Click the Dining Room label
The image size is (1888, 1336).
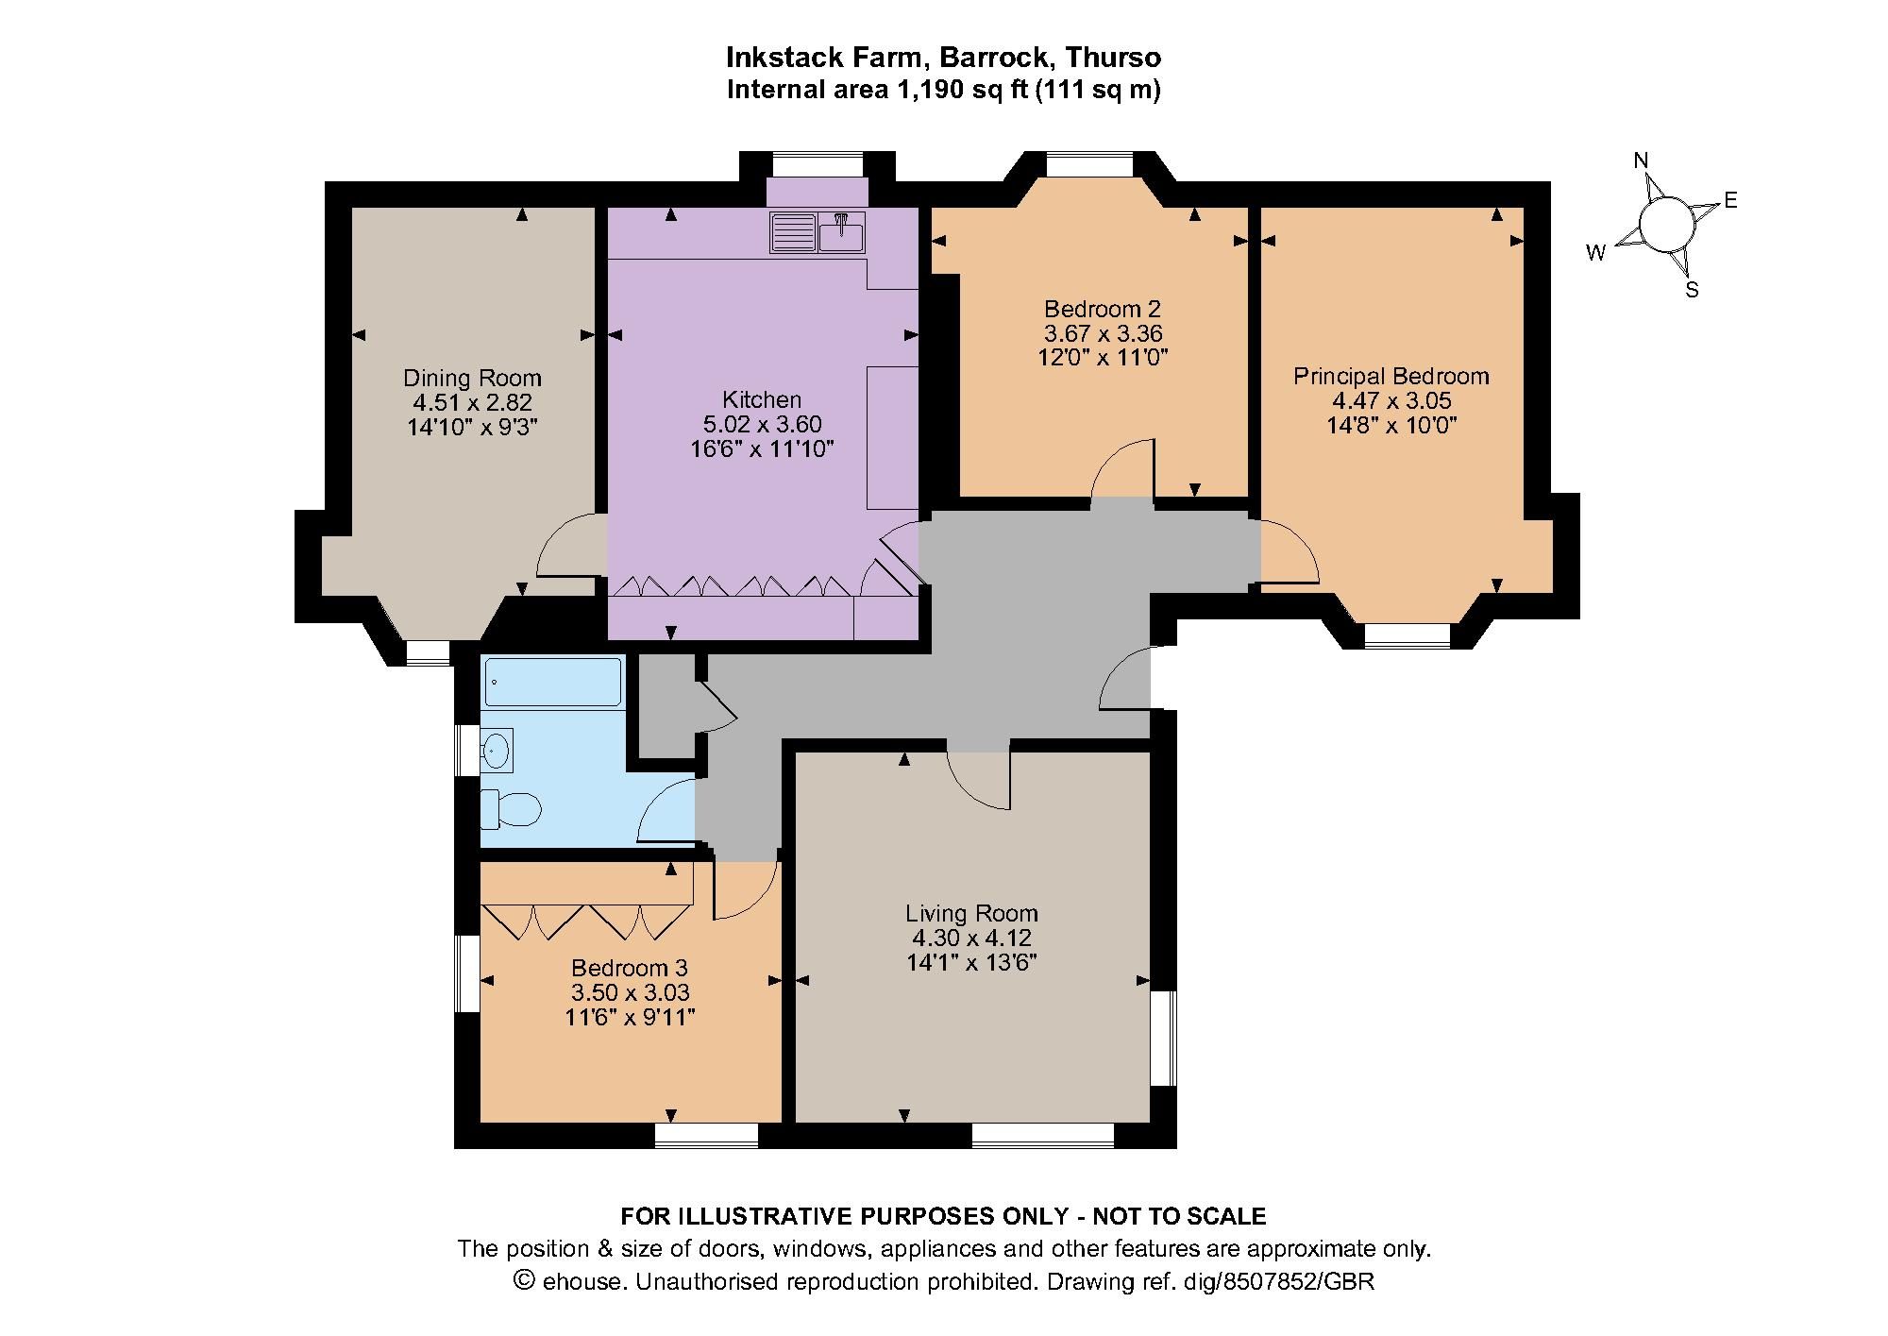[x=472, y=378]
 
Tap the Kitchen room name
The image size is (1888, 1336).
[x=762, y=399]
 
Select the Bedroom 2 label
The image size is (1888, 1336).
[x=1103, y=309]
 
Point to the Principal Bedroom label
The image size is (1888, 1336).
[x=1391, y=376]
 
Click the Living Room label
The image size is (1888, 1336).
[x=971, y=913]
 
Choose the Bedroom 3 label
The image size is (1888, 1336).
[x=630, y=968]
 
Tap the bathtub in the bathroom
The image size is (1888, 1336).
[x=552, y=682]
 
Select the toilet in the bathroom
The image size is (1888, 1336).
[x=511, y=809]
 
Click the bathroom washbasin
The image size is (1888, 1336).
[x=497, y=752]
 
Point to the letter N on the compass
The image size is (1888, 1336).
[x=1642, y=161]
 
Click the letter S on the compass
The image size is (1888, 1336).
[x=1692, y=291]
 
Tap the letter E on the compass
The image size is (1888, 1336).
[x=1730, y=200]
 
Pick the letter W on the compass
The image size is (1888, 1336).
[x=1596, y=253]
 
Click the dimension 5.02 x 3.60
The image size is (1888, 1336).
[x=762, y=424]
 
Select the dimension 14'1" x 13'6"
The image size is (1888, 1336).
[x=971, y=962]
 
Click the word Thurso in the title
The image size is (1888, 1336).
[x=1113, y=58]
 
